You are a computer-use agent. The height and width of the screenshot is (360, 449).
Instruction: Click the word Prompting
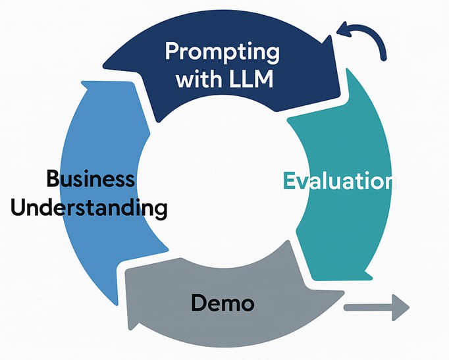tap(223, 53)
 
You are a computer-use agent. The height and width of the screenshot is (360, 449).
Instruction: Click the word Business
tap(90, 178)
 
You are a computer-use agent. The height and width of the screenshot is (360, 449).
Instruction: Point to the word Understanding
tap(89, 207)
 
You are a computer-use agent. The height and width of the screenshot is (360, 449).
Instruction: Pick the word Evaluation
tap(340, 181)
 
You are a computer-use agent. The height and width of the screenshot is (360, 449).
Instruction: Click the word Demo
tap(223, 303)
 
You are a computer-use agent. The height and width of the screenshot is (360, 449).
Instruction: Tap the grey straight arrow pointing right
tap(377, 307)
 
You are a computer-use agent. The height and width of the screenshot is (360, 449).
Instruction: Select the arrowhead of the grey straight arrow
tap(400, 307)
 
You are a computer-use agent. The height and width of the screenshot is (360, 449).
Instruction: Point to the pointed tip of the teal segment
tap(372, 278)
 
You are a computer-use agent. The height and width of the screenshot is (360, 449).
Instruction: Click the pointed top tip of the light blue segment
tap(83, 83)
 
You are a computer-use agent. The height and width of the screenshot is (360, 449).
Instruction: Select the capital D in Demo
tap(199, 303)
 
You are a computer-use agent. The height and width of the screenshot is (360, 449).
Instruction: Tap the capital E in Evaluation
tap(288, 181)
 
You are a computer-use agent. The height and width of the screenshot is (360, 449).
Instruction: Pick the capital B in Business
tap(54, 178)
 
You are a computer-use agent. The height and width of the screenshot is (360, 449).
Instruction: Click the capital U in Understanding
tap(18, 207)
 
